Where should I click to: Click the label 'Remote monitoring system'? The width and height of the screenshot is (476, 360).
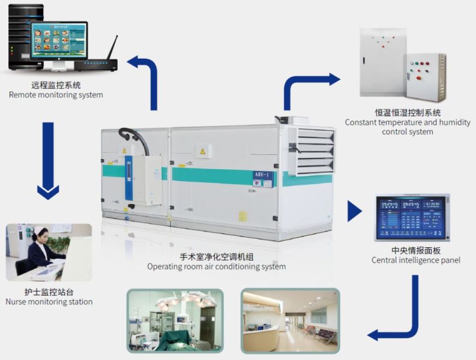pyautogui.click(x=56, y=95)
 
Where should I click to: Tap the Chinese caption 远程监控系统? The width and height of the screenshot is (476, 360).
pyautogui.click(x=56, y=85)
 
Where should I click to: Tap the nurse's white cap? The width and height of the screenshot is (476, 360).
pyautogui.click(x=39, y=230)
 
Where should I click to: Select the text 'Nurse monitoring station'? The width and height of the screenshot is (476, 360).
pyautogui.click(x=49, y=302)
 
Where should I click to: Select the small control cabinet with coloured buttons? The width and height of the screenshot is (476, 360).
pyautogui.click(x=424, y=77)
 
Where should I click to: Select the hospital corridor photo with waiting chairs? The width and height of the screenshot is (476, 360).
pyautogui.click(x=290, y=320)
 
